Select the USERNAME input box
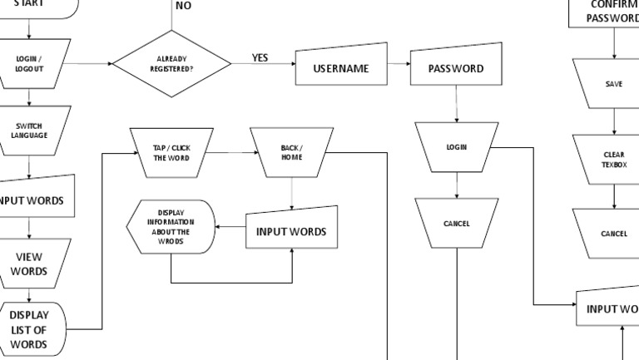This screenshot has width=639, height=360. click(341, 68)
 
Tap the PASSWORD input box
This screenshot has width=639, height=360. click(456, 68)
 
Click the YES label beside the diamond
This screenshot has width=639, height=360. click(260, 58)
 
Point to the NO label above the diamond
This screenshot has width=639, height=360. click(183, 6)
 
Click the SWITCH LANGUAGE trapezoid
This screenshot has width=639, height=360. click(28, 131)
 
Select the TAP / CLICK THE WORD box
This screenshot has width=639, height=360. click(171, 153)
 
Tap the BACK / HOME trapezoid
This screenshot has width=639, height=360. click(291, 153)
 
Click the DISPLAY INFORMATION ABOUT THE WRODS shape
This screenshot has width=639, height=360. click(170, 226)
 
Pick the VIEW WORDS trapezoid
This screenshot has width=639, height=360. click(30, 264)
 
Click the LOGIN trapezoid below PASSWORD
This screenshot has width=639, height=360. click(456, 147)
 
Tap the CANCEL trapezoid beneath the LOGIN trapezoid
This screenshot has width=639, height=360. click(456, 224)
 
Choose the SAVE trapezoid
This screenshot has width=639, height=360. click(614, 84)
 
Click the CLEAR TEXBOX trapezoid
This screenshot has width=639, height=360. click(614, 160)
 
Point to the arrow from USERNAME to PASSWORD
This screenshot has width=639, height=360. click(399, 64)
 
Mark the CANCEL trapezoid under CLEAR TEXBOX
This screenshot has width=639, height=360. click(614, 234)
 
